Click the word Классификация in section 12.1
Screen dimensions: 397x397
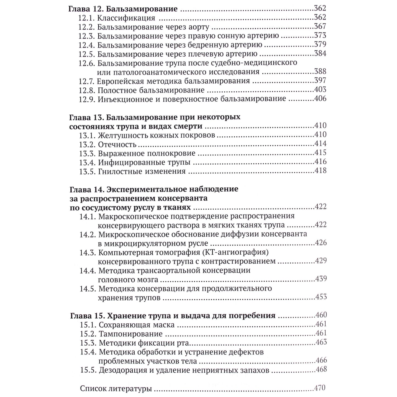(x=126, y=18)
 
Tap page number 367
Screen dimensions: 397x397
(x=320, y=26)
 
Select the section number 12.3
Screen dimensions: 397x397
(x=87, y=36)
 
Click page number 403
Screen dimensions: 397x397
(x=320, y=90)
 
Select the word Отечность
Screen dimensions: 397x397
(x=117, y=145)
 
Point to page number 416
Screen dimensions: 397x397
(x=320, y=162)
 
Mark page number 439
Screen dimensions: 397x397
(x=321, y=279)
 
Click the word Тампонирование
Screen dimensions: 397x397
(x=131, y=334)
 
